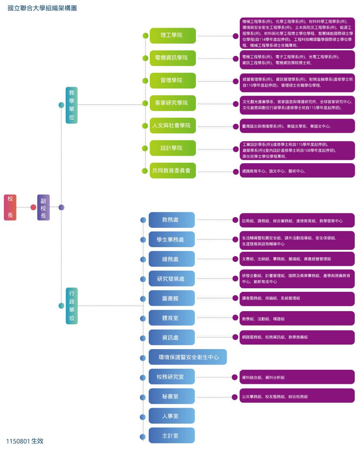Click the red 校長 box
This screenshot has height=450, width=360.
pos(10,207)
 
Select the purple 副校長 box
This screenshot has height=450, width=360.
pos(43,207)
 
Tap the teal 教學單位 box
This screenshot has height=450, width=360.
pos(71,105)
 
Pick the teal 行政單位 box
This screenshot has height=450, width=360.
pos(71,306)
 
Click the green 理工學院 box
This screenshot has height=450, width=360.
pos(173,36)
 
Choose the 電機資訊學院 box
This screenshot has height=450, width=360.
pos(173,58)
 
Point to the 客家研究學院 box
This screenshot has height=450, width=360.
pos(173,103)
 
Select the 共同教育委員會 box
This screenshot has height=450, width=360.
pos(173,171)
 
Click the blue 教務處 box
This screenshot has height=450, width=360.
pos(172,220)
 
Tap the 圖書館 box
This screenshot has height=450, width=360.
pos(172,298)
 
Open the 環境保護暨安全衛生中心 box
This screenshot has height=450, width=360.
pos(188,357)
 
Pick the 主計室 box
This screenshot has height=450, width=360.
pos(172,435)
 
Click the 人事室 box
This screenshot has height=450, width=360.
pos(172,416)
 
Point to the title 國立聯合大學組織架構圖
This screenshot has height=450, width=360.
pos(42,8)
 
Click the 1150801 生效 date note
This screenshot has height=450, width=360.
pos(25,441)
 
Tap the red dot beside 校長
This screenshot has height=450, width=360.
pos(33,207)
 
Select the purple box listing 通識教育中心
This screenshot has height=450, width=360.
pos(297,171)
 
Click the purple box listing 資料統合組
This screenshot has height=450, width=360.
pos(297,377)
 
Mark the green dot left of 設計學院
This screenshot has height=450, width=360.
pos(145,148)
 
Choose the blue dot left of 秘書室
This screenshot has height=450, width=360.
pos(143,397)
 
